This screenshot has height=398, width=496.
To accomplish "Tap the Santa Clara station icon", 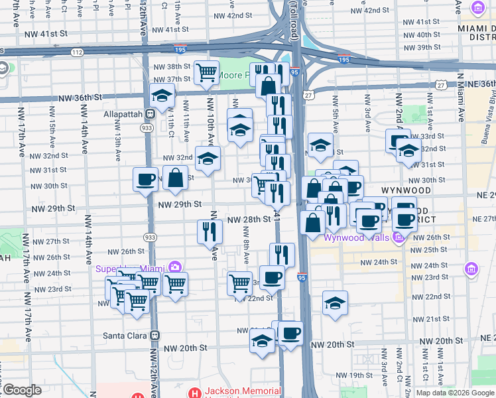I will [155, 336].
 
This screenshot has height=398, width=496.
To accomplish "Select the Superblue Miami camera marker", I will [174, 268].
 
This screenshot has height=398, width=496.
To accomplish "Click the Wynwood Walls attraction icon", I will [398, 237].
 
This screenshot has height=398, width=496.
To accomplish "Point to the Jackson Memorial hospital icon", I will [194, 392].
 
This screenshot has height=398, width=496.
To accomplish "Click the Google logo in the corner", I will [23, 390].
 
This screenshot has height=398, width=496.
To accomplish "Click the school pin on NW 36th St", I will [162, 96].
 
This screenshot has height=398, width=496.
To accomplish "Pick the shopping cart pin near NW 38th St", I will [207, 71].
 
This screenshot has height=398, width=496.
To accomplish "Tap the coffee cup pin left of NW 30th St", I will [145, 178].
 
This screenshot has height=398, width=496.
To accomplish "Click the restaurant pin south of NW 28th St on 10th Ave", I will [209, 232].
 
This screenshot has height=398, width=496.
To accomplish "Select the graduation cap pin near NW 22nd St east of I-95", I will [335, 302].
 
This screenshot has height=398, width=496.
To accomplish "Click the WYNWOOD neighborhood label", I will [406, 190].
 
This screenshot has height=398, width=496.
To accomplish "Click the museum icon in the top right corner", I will [477, 8].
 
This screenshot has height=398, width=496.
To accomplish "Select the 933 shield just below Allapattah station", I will [150, 127].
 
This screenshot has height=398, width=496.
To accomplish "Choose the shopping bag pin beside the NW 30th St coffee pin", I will [176, 178].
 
